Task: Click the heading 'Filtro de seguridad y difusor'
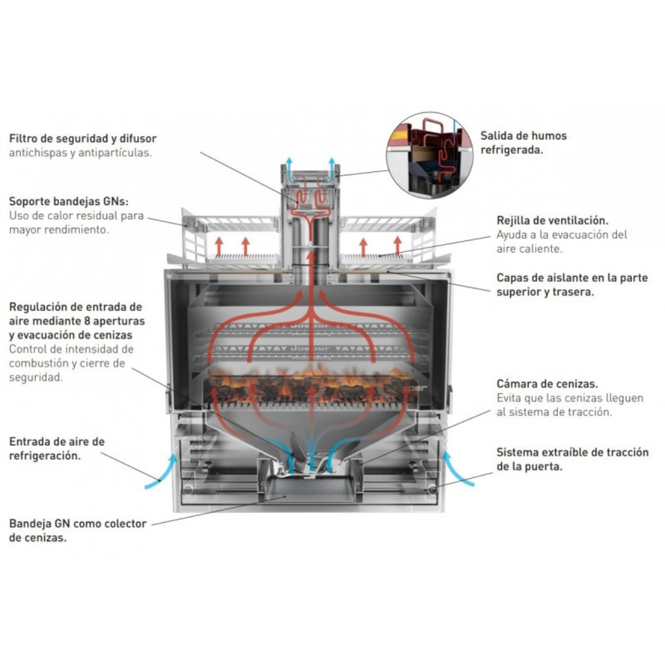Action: pyautogui.click(x=82, y=139)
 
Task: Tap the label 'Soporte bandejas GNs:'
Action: pyautogui.click(x=69, y=201)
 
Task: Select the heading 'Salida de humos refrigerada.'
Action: pyautogui.click(x=523, y=143)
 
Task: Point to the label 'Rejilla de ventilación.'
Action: pyautogui.click(x=553, y=221)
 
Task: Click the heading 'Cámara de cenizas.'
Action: pyautogui.click(x=547, y=384)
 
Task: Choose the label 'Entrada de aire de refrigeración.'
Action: pyautogui.click(x=57, y=449)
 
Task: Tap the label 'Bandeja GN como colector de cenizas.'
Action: pyautogui.click(x=78, y=531)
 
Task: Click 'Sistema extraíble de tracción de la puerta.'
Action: pyautogui.click(x=573, y=459)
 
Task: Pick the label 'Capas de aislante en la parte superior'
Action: pyautogui.click(x=573, y=284)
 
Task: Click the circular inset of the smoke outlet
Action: pyautogui.click(x=429, y=156)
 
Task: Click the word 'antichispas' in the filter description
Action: pyautogui.click(x=38, y=153)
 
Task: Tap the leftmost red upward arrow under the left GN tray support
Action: pyautogui.click(x=219, y=246)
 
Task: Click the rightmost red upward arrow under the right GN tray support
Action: pyautogui.click(x=397, y=246)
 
